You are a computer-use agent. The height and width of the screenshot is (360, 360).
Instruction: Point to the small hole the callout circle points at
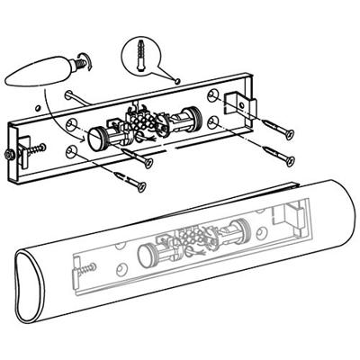point(177,80)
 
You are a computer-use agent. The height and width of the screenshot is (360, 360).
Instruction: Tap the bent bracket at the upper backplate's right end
point(237,106)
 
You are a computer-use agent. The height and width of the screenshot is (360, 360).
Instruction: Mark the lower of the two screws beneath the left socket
point(134,185)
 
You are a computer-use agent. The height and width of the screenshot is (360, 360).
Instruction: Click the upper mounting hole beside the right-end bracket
point(212,94)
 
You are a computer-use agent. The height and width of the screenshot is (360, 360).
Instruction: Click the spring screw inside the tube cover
point(88,267)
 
